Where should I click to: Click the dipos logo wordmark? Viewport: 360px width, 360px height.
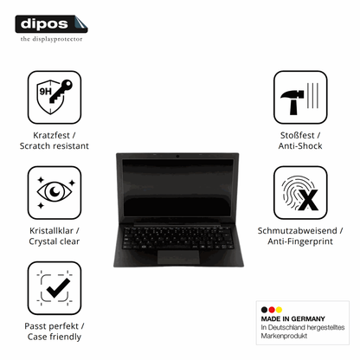click(x=51, y=24)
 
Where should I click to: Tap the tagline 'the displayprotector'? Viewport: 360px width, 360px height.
click(x=51, y=39)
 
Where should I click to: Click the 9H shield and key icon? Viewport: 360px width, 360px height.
click(x=55, y=97)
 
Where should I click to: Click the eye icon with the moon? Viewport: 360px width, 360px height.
click(x=55, y=192)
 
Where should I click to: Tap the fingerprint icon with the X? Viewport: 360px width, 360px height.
click(x=300, y=192)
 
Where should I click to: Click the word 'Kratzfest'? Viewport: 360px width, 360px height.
click(x=51, y=135)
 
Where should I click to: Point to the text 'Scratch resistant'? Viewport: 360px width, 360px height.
click(x=55, y=146)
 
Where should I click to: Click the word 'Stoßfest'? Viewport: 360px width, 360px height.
click(x=298, y=135)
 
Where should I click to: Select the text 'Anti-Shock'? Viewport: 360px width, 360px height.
click(x=300, y=146)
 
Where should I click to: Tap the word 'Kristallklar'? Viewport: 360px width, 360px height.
click(x=51, y=231)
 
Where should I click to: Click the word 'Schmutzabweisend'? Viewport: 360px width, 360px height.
click(x=298, y=231)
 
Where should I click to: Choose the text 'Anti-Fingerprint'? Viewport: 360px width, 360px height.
click(x=300, y=241)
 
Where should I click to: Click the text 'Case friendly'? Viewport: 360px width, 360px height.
click(x=55, y=337)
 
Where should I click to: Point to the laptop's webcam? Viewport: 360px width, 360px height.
click(x=177, y=157)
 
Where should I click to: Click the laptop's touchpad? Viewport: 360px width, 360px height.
click(x=178, y=257)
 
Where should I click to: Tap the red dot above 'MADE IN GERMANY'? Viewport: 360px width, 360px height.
click(x=272, y=310)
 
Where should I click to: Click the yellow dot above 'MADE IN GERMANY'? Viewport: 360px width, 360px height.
click(x=279, y=310)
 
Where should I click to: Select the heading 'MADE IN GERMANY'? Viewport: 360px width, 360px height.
click(x=292, y=319)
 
